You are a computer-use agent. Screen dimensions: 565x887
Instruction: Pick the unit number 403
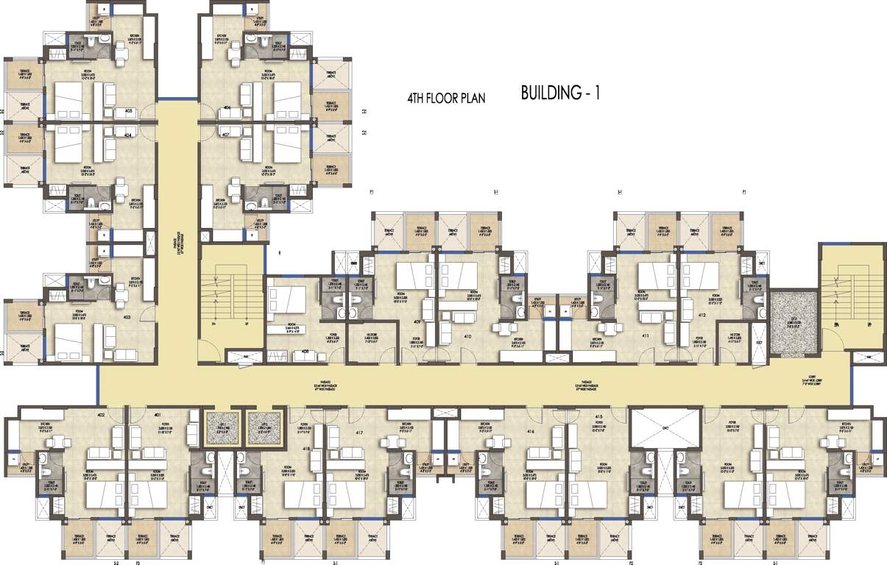tap(127, 317)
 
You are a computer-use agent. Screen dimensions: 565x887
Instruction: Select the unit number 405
tap(128, 111)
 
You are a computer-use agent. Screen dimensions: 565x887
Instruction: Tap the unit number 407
tap(225, 135)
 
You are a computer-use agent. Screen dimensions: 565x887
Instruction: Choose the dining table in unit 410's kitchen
tap(503, 329)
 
